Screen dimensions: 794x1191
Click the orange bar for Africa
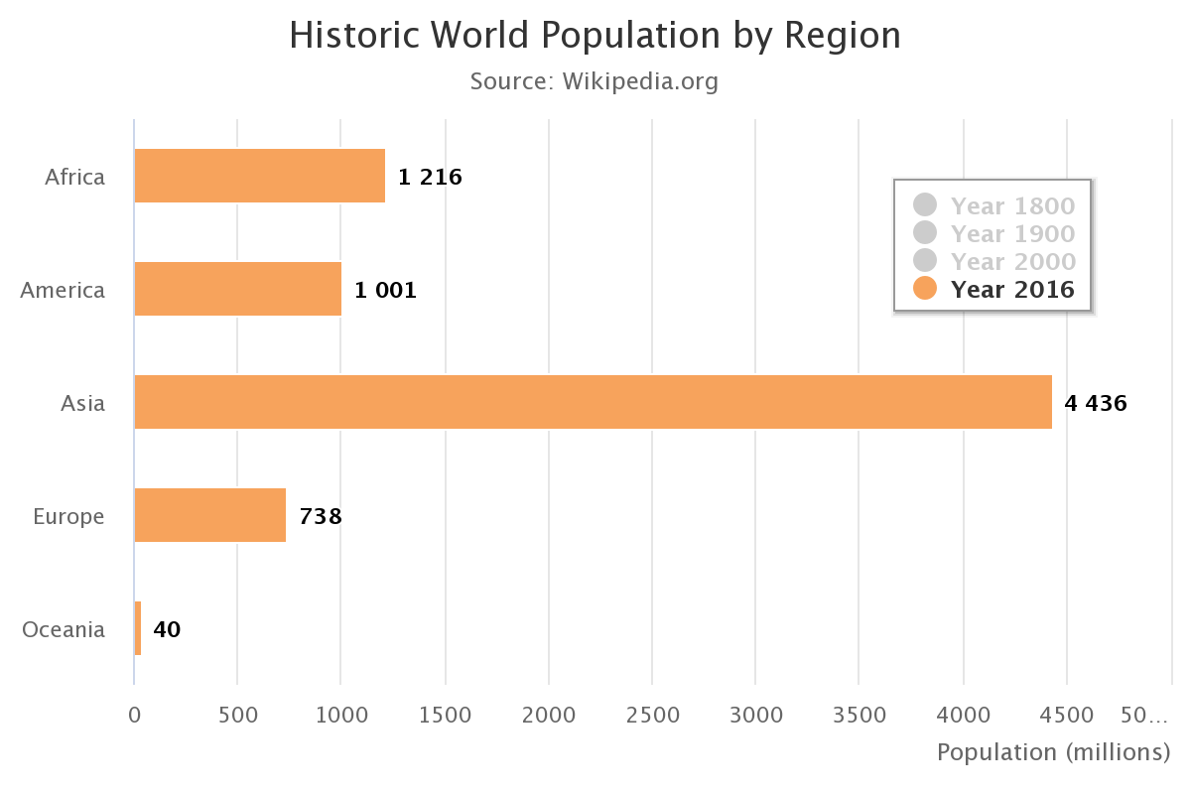[259, 176]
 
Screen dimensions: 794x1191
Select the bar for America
[237, 289]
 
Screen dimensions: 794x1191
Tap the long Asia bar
[593, 402]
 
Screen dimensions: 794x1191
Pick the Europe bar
[209, 515]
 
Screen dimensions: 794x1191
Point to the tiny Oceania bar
[138, 628]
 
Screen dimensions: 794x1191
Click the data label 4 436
[1096, 404]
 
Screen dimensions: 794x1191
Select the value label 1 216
[430, 178]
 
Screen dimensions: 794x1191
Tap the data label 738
[321, 517]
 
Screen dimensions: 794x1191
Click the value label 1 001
[385, 291]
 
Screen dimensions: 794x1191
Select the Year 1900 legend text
[1012, 233]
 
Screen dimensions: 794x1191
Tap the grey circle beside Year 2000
[925, 261]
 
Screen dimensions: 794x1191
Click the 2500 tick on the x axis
[652, 715]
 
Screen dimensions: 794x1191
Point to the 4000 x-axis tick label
[963, 715]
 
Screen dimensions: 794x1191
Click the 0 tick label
[134, 715]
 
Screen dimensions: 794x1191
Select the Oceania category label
[64, 629]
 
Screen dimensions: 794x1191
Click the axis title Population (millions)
[1054, 752]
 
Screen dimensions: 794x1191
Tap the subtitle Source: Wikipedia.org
[594, 81]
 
